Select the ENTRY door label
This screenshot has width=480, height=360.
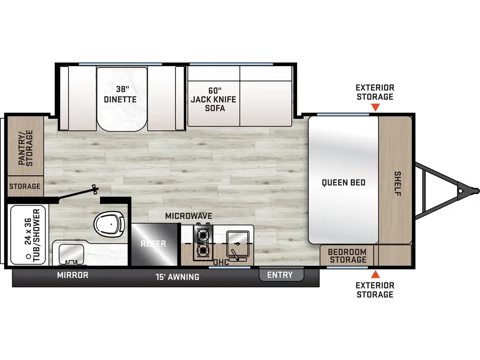[x=280, y=275]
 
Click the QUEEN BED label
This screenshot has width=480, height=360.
[x=344, y=183]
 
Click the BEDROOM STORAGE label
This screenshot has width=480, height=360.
[x=347, y=255]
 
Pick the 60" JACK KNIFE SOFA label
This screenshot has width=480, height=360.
[x=213, y=99]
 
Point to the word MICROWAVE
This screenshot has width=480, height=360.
[x=188, y=216]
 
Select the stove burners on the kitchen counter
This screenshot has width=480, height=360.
[x=203, y=242]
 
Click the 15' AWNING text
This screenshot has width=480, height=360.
[x=177, y=277]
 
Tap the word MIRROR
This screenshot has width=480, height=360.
[x=73, y=275]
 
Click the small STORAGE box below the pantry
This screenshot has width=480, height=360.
[x=24, y=186]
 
